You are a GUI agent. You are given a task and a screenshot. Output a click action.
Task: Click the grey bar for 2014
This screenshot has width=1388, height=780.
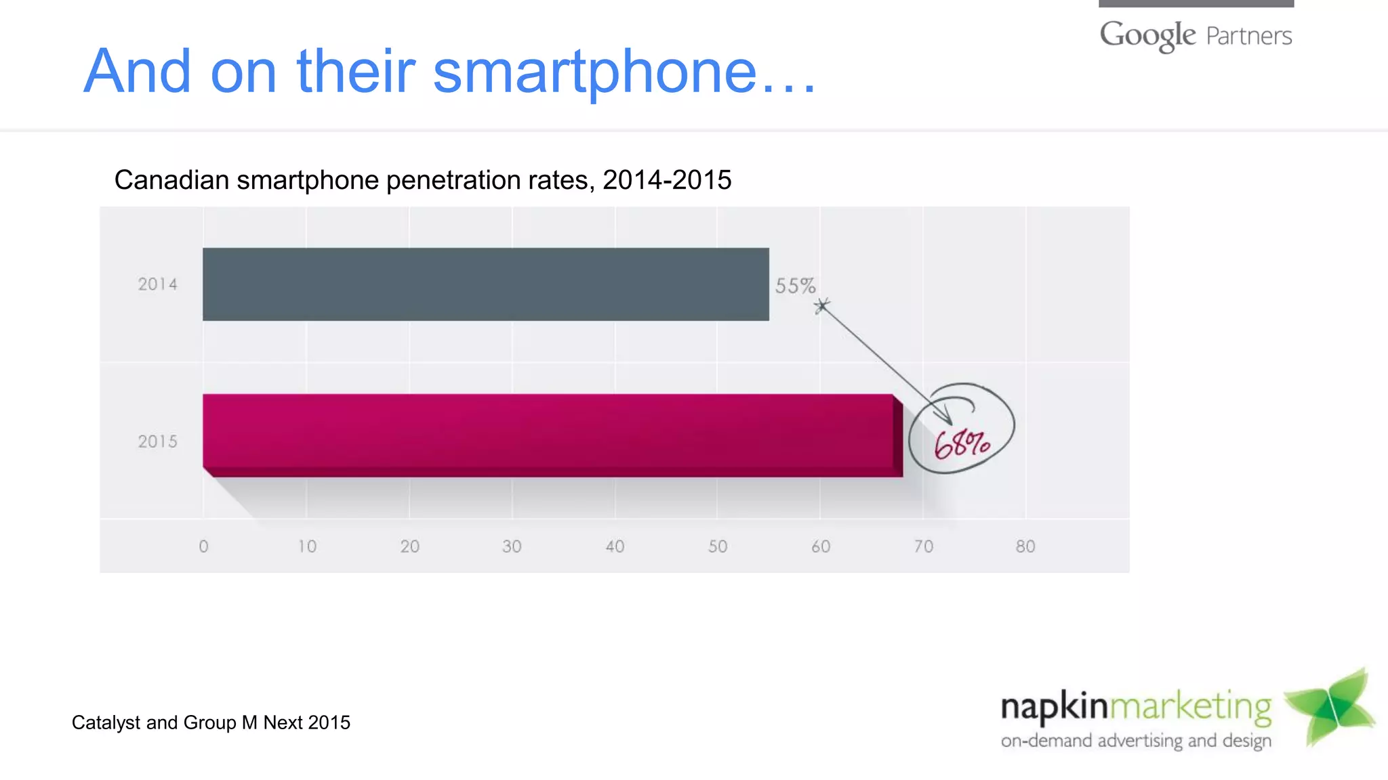(485, 284)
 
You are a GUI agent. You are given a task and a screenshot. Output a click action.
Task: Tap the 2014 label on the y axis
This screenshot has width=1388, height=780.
(157, 284)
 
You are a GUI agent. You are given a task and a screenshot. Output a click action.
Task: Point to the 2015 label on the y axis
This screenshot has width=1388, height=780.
(157, 441)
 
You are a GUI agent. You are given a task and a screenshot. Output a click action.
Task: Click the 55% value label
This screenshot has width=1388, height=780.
(795, 286)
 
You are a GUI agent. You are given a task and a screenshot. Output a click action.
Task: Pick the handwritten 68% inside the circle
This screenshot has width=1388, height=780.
(962, 444)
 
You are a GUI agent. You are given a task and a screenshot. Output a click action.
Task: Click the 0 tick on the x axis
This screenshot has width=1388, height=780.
(203, 546)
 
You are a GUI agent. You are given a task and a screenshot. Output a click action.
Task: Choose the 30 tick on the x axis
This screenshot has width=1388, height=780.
(512, 546)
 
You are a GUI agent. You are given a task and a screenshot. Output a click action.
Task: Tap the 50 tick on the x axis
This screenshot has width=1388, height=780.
(718, 546)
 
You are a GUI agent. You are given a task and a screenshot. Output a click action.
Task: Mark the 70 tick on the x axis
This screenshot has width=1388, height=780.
(923, 546)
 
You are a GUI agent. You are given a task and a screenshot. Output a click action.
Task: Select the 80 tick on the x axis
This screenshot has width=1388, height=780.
(1025, 546)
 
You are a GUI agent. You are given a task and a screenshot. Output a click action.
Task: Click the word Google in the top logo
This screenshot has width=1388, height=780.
(1147, 35)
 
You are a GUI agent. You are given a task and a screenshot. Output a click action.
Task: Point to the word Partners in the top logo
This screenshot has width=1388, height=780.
(1249, 36)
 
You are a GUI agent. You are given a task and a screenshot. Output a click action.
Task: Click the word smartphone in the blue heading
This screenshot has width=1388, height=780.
(594, 72)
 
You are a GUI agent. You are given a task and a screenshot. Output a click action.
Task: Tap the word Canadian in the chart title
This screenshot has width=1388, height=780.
(171, 180)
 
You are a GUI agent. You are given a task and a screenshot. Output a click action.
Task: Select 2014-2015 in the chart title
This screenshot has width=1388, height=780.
(667, 180)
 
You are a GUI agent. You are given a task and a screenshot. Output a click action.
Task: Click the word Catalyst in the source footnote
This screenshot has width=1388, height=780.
(106, 723)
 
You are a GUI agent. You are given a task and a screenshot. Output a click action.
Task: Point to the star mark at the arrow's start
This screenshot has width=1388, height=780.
(821, 306)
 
